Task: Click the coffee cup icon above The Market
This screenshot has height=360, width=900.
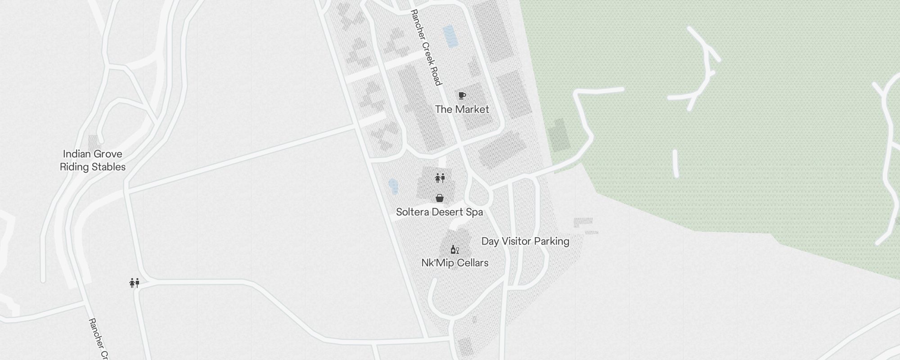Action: coord(462,95)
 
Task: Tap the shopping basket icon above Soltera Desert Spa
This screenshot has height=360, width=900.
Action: coord(440,198)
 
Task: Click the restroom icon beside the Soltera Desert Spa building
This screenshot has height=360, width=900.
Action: coord(440,178)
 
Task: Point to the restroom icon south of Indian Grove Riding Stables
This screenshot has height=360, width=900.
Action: coord(134,283)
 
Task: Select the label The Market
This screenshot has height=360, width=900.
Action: coord(462,109)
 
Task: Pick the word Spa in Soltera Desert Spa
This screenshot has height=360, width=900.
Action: coord(474,212)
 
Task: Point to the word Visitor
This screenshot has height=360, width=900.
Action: coord(513,241)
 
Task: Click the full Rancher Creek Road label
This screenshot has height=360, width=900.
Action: coord(426,47)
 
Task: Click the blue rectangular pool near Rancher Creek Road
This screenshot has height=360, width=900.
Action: coord(450,36)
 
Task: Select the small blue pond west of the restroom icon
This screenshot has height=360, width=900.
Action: coord(393,186)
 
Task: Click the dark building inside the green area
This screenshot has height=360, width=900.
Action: coord(558,135)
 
